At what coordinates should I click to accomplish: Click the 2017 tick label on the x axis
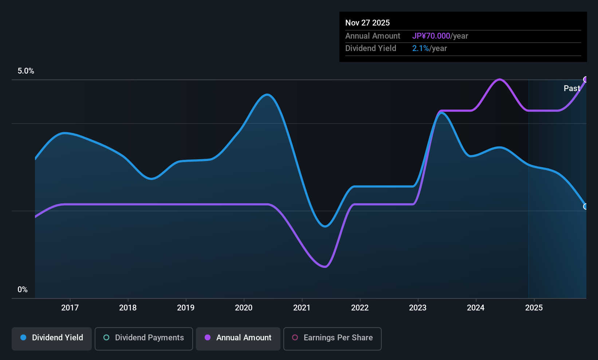(x=70, y=308)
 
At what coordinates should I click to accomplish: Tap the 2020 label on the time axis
(x=244, y=308)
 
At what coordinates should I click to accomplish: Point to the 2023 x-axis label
(x=418, y=308)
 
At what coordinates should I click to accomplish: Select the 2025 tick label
(x=534, y=308)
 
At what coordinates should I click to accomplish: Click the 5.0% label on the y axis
(x=26, y=71)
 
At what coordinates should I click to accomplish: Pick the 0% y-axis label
(x=23, y=290)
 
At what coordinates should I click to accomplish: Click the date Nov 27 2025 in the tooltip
(x=367, y=23)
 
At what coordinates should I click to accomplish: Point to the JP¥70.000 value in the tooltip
(x=431, y=36)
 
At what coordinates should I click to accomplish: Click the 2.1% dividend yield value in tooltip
(x=421, y=48)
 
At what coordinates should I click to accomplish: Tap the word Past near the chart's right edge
(x=572, y=88)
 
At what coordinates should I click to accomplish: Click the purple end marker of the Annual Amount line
(x=586, y=79)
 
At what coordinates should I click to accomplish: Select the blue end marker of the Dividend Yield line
(x=586, y=207)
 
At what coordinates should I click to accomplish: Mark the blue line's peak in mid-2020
(x=267, y=94)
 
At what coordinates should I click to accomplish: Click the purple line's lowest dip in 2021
(x=325, y=266)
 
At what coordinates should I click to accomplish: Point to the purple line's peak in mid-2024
(x=499, y=79)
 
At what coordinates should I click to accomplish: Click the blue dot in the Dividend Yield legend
(x=24, y=337)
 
